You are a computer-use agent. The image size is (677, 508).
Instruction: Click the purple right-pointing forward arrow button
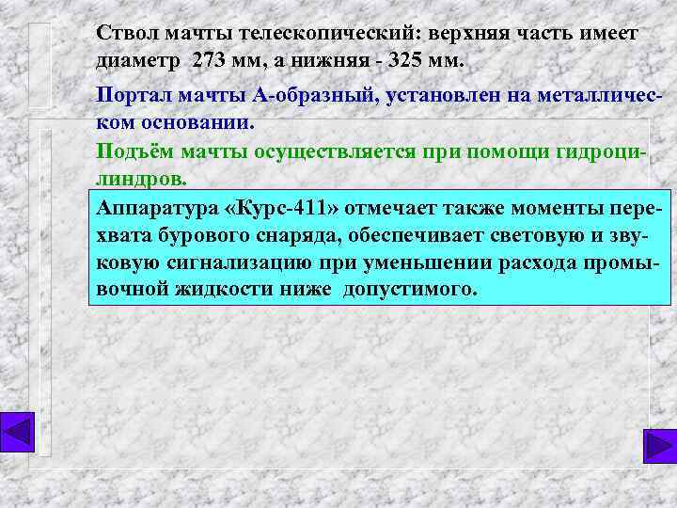[658, 446]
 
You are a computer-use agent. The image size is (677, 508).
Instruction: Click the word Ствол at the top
[128, 34]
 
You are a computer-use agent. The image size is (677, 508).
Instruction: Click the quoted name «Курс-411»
[281, 209]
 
